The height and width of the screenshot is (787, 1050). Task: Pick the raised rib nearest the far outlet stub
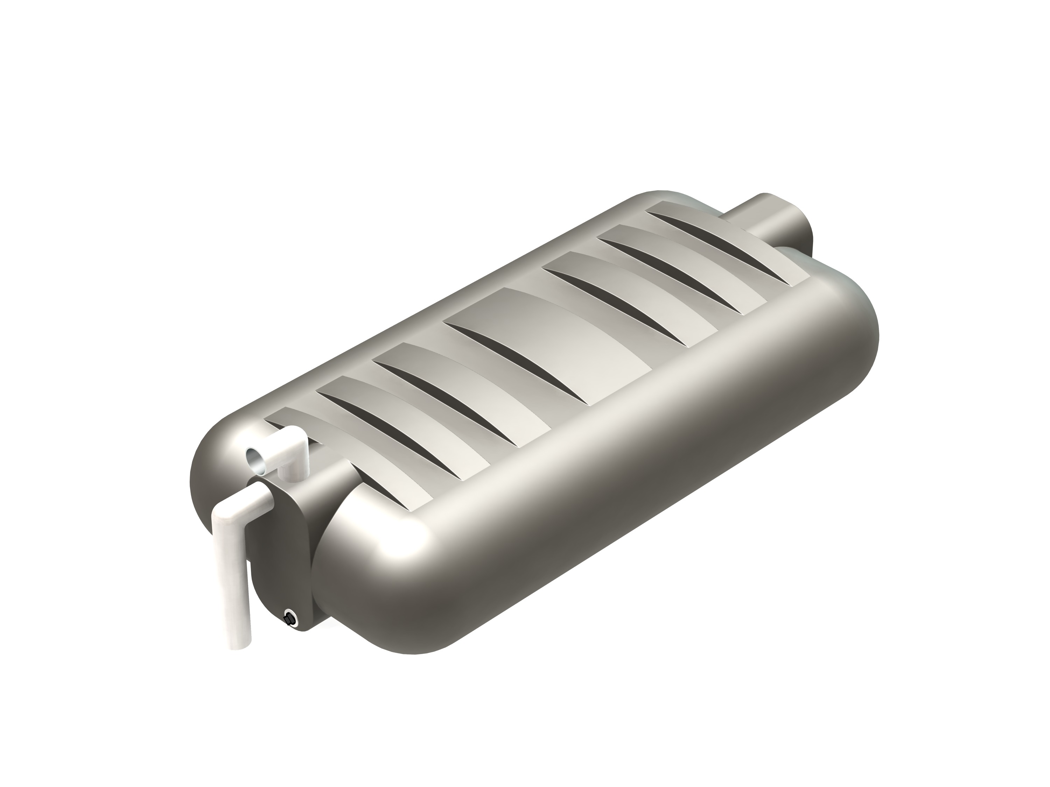click(726, 233)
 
